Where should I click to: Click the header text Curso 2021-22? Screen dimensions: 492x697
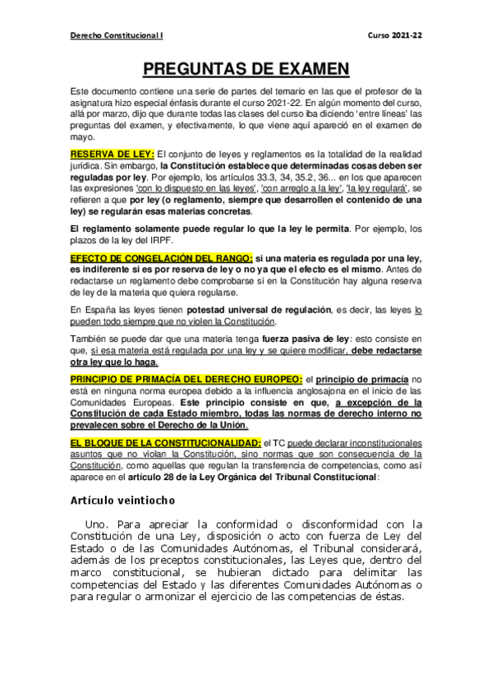pyautogui.click(x=396, y=36)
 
